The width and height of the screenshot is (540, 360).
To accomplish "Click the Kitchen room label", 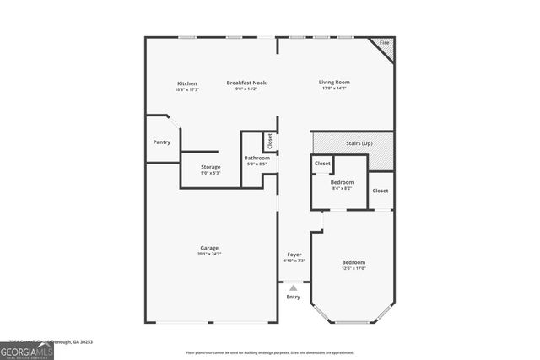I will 186,83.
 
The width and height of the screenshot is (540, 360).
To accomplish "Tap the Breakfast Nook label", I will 246,83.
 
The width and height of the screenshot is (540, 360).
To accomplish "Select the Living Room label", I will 334,83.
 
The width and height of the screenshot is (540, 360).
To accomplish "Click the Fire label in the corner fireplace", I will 384,42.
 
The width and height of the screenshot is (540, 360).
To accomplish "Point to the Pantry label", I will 161,142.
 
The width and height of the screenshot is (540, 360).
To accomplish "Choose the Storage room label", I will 210,167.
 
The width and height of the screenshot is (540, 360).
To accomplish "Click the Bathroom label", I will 257,158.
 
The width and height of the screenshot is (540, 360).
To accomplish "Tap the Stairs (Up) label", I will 359,143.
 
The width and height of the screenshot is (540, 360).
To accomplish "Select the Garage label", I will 209,248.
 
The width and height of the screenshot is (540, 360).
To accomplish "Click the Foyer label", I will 294,254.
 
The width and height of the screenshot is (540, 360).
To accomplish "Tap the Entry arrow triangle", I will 294,288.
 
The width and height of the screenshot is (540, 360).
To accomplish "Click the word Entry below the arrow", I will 294,297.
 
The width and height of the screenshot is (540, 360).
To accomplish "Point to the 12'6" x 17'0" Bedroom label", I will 354,262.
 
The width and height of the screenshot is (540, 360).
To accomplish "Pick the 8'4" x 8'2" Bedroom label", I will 342,182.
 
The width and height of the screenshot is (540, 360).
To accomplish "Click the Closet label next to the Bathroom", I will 270,141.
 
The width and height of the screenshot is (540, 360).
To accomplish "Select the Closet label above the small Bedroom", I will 322,164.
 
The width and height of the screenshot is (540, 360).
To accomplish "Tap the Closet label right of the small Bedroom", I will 381,191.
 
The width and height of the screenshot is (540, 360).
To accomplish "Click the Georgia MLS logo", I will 27,348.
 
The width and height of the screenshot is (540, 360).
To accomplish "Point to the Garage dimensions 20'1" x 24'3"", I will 209,254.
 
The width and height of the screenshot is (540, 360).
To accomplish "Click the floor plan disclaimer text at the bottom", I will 271,352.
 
